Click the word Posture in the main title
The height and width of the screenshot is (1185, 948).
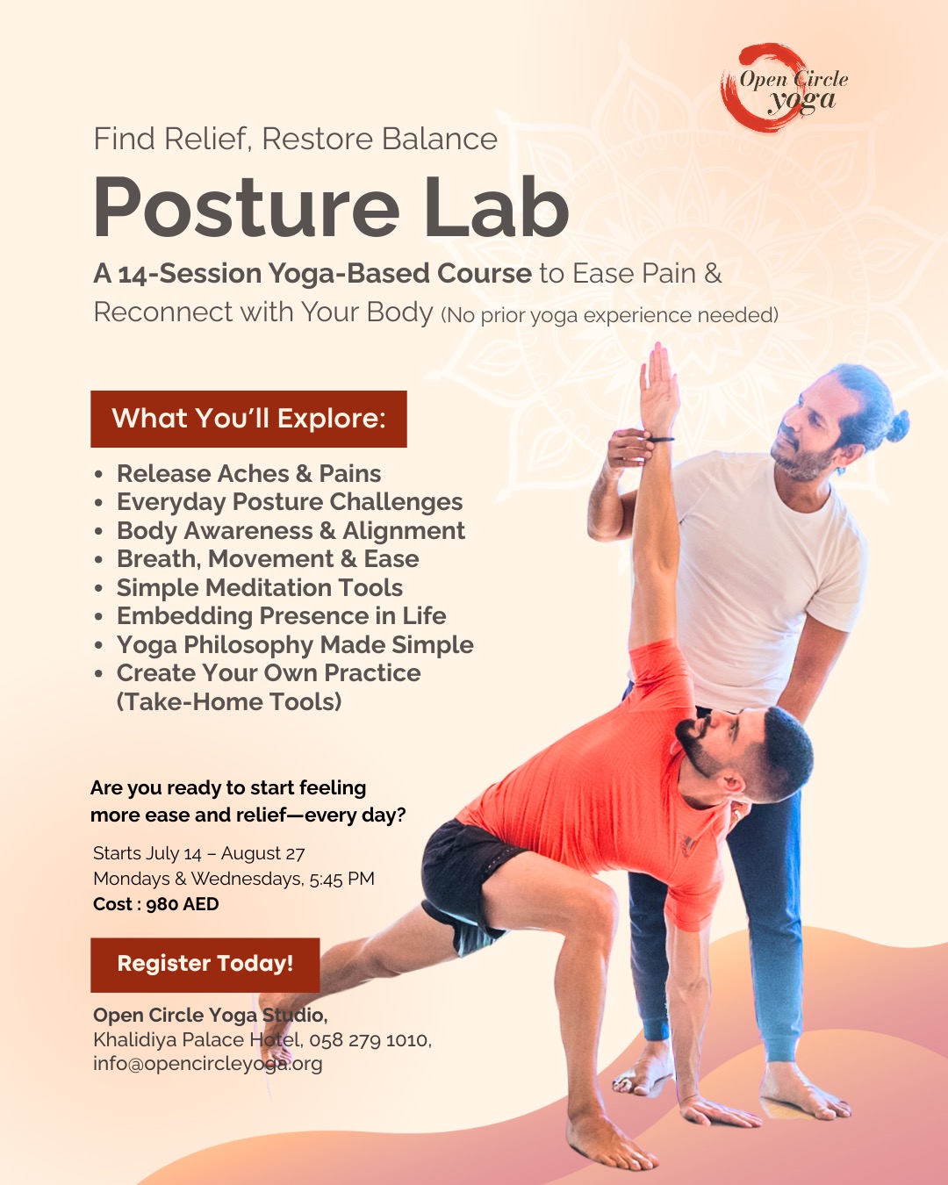click(247, 208)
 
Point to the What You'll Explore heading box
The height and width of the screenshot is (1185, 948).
click(248, 419)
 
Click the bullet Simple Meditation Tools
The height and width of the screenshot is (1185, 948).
click(260, 587)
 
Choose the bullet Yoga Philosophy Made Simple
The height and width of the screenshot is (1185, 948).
click(295, 645)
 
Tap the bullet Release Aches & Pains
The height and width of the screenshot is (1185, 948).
click(248, 473)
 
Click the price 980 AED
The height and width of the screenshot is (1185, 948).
click(183, 904)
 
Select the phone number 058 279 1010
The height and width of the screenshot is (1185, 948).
click(369, 1040)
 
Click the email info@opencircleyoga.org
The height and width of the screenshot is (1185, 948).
click(208, 1063)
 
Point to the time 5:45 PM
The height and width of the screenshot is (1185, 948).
click(341, 879)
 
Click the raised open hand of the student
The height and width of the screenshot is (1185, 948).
click(659, 386)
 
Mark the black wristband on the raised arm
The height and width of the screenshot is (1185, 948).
click(661, 440)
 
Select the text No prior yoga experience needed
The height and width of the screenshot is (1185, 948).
click(610, 315)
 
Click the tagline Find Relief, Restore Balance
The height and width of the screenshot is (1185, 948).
click(295, 138)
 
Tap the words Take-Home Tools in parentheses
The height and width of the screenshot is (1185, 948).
click(229, 702)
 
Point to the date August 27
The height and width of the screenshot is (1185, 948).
click(262, 853)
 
